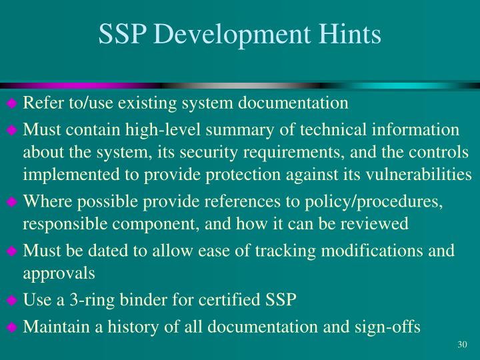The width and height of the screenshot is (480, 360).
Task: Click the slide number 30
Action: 463,344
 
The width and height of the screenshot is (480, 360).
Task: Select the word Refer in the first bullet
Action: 40,104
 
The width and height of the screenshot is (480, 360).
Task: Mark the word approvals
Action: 59,273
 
